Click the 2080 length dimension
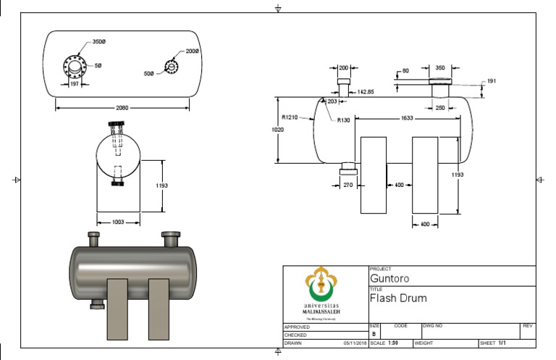[x=122, y=108]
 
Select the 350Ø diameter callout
[x=100, y=42]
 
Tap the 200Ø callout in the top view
[x=192, y=51]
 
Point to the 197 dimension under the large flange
[x=74, y=84]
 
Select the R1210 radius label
[x=290, y=117]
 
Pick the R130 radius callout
[x=342, y=120]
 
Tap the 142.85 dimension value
[x=366, y=92]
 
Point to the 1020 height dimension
[x=277, y=130]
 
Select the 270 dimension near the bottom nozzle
[x=347, y=185]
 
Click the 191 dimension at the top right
[x=492, y=81]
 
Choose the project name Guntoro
[x=388, y=277]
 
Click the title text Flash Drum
[x=398, y=298]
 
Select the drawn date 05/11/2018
[x=355, y=343]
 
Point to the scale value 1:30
[x=393, y=343]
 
